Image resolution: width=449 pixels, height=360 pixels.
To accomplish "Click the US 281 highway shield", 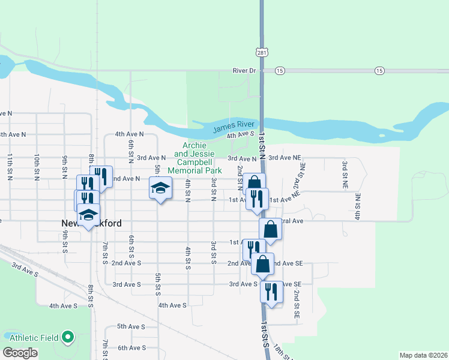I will point(261,53).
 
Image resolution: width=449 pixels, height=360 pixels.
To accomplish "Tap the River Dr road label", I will point(244,71).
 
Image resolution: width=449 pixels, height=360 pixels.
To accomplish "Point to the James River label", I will point(234,125).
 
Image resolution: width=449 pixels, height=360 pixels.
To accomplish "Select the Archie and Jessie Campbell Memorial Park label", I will point(194,158).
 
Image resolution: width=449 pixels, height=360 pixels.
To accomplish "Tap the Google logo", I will point(20,353).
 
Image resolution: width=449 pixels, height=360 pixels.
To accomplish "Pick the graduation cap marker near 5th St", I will point(160,188).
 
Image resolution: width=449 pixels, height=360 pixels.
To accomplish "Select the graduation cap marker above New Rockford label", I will point(89,215).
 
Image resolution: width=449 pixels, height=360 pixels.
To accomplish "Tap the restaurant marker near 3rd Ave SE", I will point(272,292).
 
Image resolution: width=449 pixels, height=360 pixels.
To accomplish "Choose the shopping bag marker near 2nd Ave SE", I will point(262,263).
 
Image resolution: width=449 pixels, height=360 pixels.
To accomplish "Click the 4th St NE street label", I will point(357,205).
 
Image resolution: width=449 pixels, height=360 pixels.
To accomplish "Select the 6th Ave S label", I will point(131,348).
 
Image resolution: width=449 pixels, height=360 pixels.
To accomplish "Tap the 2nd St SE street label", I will point(297,304).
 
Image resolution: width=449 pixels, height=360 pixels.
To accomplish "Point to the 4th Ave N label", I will point(130,134).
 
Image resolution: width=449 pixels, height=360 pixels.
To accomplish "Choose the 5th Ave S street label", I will point(131,326).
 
